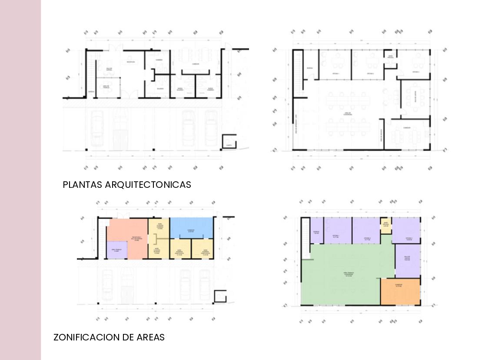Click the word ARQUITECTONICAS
pyautogui.click(x=148, y=185)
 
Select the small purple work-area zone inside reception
pyautogui.click(x=116, y=251)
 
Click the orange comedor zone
pyautogui.click(x=400, y=291)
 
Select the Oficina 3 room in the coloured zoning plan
pyautogui.click(x=406, y=230)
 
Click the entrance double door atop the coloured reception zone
pyautogui.click(x=124, y=216)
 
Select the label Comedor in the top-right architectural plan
pyautogui.click(x=407, y=128)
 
